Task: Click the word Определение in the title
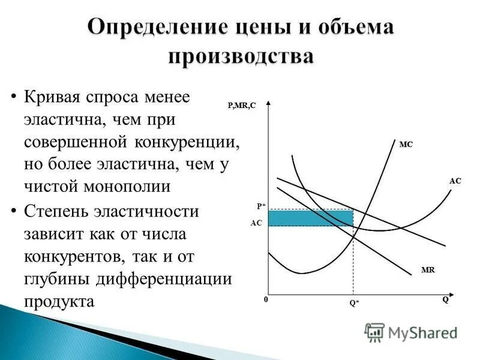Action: tap(152, 28)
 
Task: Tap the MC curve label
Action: tap(406, 144)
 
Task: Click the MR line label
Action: tap(428, 271)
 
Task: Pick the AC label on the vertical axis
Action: tap(256, 222)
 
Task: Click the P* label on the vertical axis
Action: tap(261, 206)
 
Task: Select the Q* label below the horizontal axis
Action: tap(355, 303)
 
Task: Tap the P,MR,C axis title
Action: tap(241, 106)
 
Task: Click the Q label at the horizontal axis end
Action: tap(445, 301)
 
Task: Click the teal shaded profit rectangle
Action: tap(310, 218)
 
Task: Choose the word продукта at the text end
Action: tap(59, 301)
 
